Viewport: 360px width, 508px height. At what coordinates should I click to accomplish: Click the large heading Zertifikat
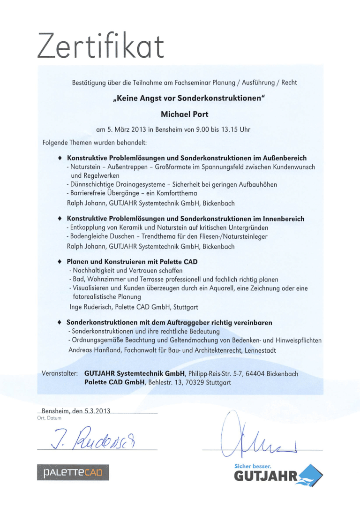(x=101, y=46)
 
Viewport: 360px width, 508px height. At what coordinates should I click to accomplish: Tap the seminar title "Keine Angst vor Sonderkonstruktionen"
(x=189, y=99)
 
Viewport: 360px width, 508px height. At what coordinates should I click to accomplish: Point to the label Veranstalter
(x=59, y=374)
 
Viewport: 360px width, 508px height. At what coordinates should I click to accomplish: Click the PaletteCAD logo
(x=73, y=472)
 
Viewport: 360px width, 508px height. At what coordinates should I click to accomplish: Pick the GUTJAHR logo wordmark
(x=265, y=477)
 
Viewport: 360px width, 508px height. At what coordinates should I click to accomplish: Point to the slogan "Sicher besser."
(x=253, y=467)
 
